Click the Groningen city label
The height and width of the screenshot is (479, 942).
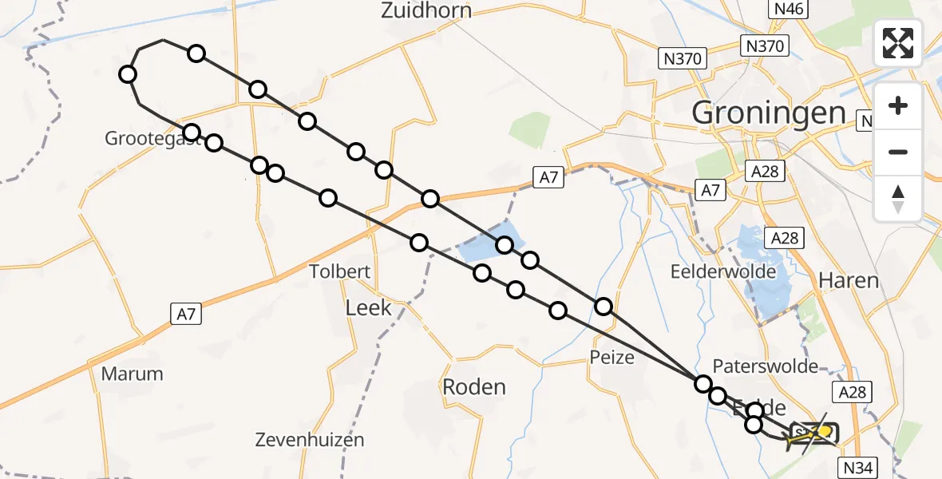click(x=768, y=113)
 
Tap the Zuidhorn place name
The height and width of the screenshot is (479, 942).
click(x=426, y=10)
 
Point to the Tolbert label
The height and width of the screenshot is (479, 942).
click(x=341, y=271)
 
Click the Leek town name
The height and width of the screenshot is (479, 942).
click(x=368, y=307)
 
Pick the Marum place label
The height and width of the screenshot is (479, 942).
click(x=132, y=374)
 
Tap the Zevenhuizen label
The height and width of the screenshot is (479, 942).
click(x=310, y=439)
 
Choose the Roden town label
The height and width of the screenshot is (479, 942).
click(x=474, y=387)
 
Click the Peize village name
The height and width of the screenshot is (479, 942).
click(x=612, y=357)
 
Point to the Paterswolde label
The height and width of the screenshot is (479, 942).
click(x=766, y=366)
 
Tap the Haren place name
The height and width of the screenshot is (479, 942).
click(x=848, y=281)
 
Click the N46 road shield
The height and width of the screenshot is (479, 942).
click(x=789, y=10)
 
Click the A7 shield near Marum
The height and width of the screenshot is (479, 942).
click(x=186, y=315)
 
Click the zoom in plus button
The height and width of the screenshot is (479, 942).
click(x=898, y=106)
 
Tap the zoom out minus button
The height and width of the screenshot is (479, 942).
click(x=898, y=152)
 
